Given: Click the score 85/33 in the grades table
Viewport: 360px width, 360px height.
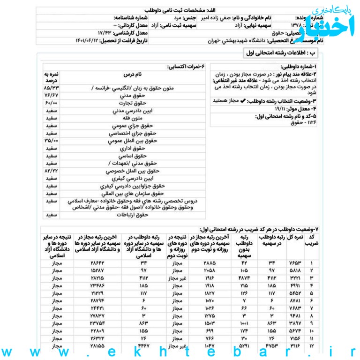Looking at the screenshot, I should [51, 88].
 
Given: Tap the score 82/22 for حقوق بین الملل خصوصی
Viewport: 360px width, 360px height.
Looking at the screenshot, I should [51, 171].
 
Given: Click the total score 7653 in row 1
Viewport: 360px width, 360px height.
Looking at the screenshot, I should [296, 263].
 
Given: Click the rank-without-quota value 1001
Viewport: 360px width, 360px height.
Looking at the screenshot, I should [242, 323].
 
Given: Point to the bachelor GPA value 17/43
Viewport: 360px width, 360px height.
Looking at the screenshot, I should [106, 33].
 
